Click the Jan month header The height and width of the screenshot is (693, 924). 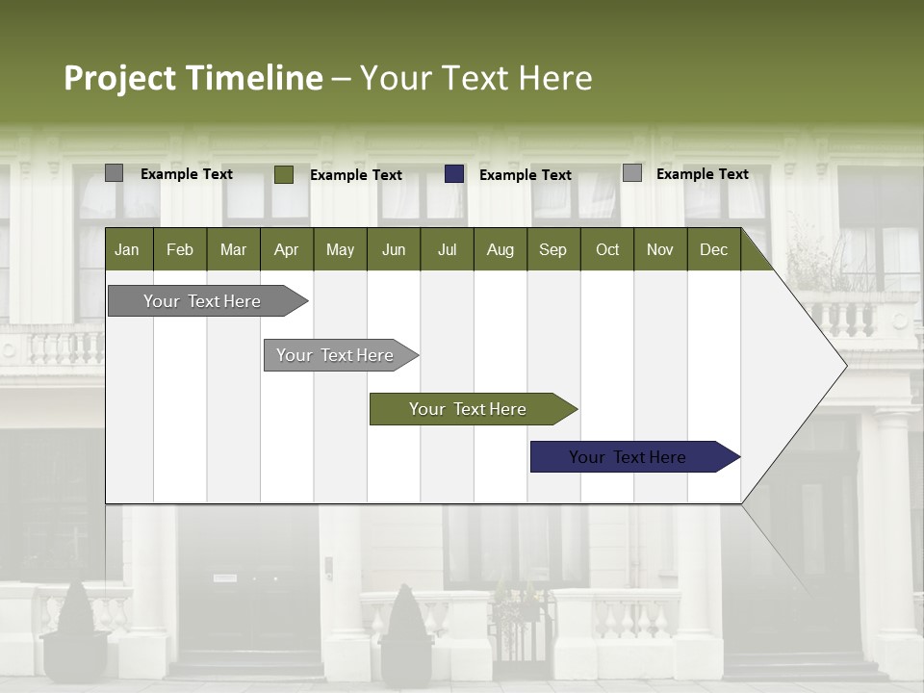click(x=127, y=249)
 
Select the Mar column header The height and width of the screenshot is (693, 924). click(x=233, y=249)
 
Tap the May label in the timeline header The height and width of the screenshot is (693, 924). click(x=340, y=249)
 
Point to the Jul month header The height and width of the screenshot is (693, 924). click(x=447, y=249)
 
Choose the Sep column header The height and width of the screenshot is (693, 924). click(x=552, y=249)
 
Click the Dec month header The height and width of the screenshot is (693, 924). click(x=713, y=249)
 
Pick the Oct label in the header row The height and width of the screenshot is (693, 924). click(x=607, y=249)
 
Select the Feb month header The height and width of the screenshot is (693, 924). click(x=180, y=249)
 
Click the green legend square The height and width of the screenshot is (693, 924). click(x=284, y=174)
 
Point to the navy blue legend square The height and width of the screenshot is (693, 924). click(x=454, y=174)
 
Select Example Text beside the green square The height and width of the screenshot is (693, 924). click(x=356, y=175)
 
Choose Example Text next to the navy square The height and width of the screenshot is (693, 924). click(x=526, y=175)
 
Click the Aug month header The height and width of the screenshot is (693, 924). click(x=500, y=249)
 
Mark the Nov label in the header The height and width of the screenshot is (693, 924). click(x=659, y=249)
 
